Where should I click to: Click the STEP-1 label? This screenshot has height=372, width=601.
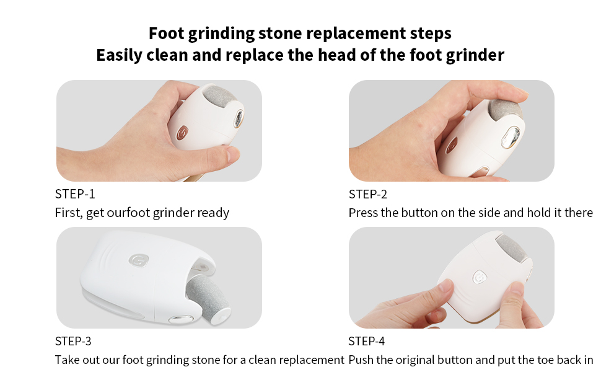coord(75,194)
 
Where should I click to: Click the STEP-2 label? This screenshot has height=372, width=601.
coord(368,194)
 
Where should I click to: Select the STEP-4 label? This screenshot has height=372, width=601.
coord(367,341)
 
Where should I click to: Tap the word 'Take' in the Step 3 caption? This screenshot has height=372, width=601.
coord(68,360)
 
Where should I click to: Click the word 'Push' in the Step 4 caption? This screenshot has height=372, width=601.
coord(362,360)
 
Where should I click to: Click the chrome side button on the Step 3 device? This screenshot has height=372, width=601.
coord(179,319)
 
